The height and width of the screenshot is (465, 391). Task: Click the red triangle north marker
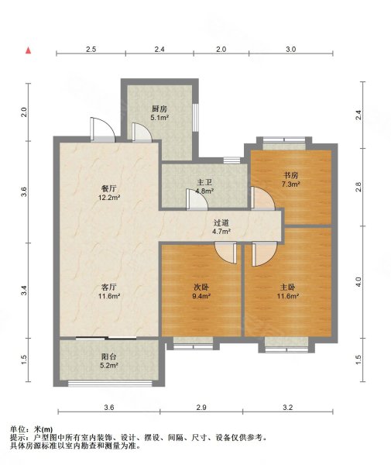click(28, 50)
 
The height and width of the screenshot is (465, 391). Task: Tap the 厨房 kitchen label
click(159, 108)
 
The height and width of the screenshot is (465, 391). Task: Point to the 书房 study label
click(290, 175)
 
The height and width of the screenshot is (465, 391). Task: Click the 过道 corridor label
click(221, 222)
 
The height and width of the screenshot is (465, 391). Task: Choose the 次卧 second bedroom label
click(201, 287)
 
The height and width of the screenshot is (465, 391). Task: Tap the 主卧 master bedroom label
click(287, 287)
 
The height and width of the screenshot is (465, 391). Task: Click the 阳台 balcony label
click(109, 356)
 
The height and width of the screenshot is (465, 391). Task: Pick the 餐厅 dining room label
click(109, 188)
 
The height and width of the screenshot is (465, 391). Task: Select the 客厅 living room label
click(109, 287)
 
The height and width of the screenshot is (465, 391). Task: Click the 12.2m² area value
click(109, 197)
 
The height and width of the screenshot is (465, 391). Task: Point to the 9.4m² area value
click(201, 296)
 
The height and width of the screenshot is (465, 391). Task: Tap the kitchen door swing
click(142, 132)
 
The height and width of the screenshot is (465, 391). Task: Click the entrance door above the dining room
click(102, 129)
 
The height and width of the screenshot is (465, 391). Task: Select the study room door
click(262, 198)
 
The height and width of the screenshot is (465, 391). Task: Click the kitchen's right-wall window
click(195, 117)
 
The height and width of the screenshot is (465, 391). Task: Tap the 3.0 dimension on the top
click(291, 50)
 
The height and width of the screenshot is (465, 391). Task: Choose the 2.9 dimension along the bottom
click(201, 408)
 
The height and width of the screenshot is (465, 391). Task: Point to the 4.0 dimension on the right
click(358, 282)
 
